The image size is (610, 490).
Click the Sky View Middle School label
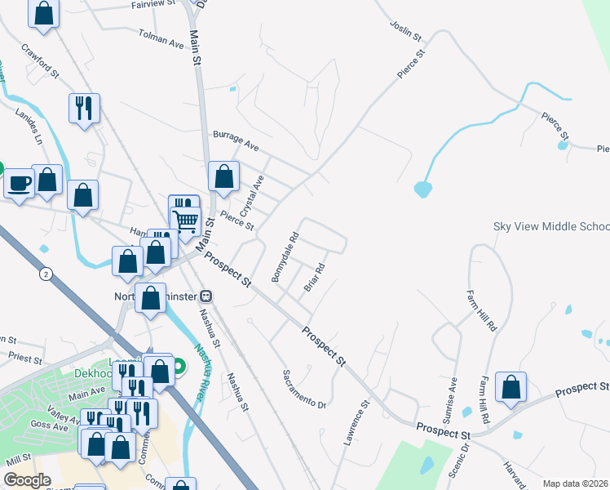click(551, 226)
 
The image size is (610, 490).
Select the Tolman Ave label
click(161, 38)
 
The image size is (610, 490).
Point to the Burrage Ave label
click(235, 140)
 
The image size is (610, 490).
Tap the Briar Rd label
click(315, 278)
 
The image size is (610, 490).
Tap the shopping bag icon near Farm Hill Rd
click(511, 387)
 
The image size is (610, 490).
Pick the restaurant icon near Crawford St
click(84, 107)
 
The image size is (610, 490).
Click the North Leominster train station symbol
click(207, 295)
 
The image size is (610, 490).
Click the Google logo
click(27, 479)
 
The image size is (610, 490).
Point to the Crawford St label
click(41, 61)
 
